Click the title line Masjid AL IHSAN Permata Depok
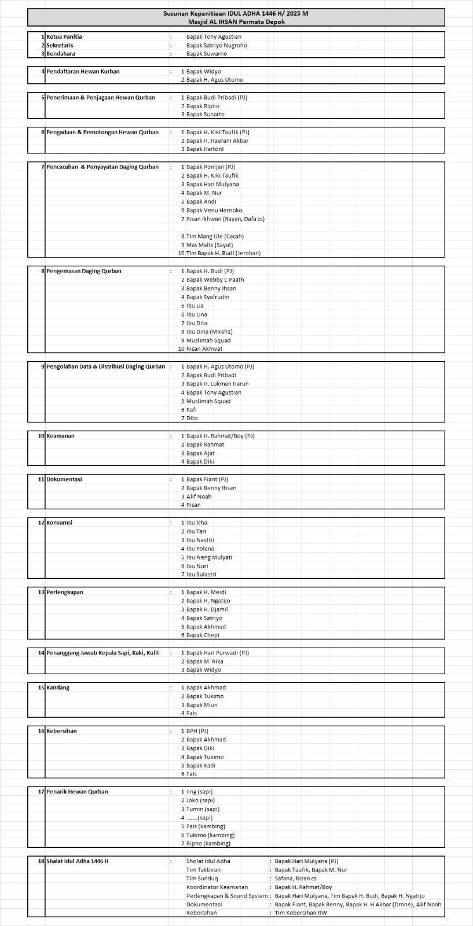click(236, 22)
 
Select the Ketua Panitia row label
click(64, 36)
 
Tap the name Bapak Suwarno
click(207, 54)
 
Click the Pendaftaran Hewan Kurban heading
click(83, 71)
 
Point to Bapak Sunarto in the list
click(205, 115)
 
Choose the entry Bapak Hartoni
click(205, 149)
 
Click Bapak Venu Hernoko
click(214, 210)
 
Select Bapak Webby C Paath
click(215, 280)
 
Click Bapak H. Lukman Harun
click(217, 384)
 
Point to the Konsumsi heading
click(59, 523)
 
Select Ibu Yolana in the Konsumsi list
click(200, 549)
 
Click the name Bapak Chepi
click(203, 635)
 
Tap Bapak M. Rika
click(204, 662)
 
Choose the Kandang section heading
click(58, 688)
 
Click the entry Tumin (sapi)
click(203, 809)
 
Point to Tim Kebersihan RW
click(300, 913)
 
